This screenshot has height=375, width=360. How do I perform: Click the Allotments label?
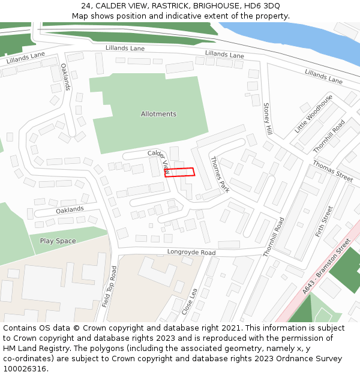tap(158, 114)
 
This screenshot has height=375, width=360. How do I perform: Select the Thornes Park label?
tap(220, 174)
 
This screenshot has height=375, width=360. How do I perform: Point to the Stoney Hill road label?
tap(268, 119)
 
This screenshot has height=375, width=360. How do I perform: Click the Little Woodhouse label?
tap(313, 114)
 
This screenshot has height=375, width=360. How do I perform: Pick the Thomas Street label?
tap(332, 172)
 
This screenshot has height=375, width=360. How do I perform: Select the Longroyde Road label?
tap(191, 253)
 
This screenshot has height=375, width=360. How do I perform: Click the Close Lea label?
tap(188, 301)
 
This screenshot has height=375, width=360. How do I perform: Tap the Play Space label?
tap(58, 241)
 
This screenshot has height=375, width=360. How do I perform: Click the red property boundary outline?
tap(180, 172)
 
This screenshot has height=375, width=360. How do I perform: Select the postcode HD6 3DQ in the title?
tap(262, 6)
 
